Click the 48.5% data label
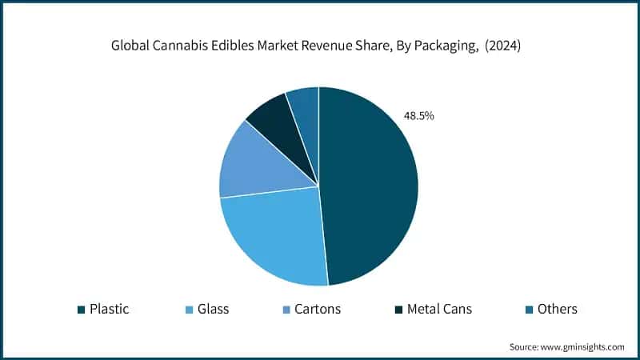coord(418,116)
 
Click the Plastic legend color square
coord(81,310)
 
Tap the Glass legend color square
coord(188,310)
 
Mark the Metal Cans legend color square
coord(398,310)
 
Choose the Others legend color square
coord(529,310)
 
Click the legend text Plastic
coord(109,309)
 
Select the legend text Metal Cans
coord(440,309)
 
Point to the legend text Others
coord(558,309)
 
